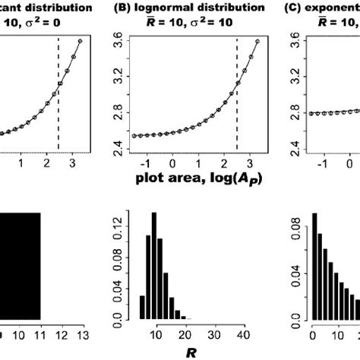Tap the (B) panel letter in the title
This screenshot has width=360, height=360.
coord(130,8)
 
